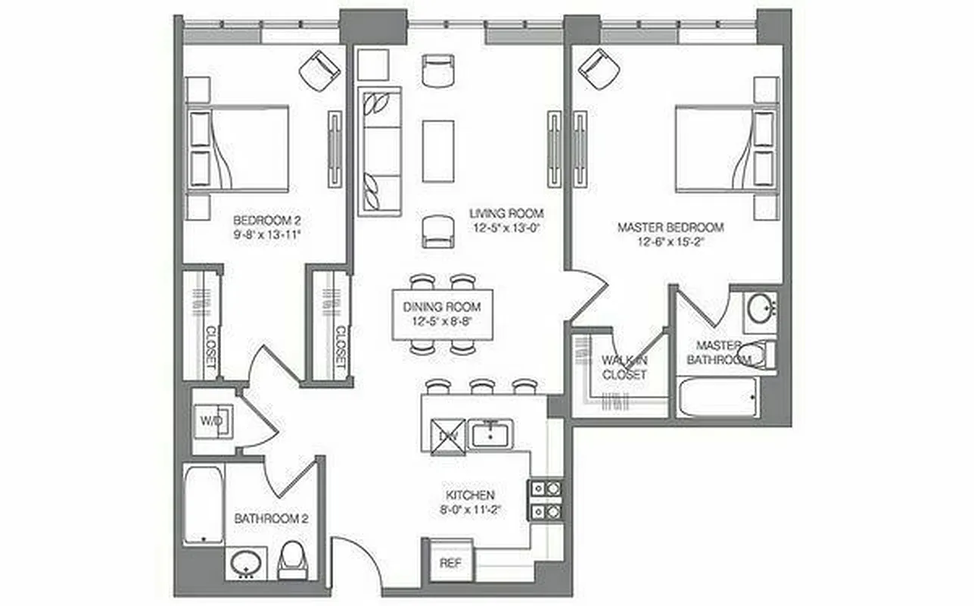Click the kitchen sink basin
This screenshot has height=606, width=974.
493,434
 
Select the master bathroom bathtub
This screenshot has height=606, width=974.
718,397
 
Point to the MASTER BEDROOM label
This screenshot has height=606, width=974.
671,227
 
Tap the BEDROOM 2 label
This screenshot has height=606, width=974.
268,220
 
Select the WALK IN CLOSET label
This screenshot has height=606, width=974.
624,367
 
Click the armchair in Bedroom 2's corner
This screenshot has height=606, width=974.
319,70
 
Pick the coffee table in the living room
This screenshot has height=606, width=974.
438,151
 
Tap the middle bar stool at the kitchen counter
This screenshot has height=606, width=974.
482,387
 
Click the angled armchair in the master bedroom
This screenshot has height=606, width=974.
599,68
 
